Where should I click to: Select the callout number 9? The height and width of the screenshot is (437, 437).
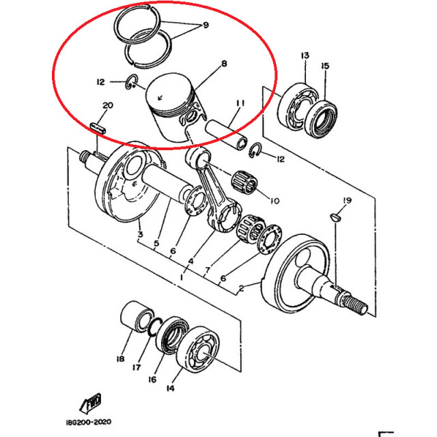[x=205, y=27]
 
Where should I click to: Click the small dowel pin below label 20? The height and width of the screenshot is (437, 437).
[x=99, y=127]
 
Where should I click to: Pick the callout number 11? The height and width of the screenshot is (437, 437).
[x=240, y=103]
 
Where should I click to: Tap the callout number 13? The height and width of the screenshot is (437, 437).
[x=305, y=55]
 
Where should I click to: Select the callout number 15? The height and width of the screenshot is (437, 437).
[x=325, y=66]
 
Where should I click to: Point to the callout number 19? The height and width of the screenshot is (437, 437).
[x=346, y=200]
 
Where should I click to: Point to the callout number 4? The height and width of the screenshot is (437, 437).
[x=191, y=261]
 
